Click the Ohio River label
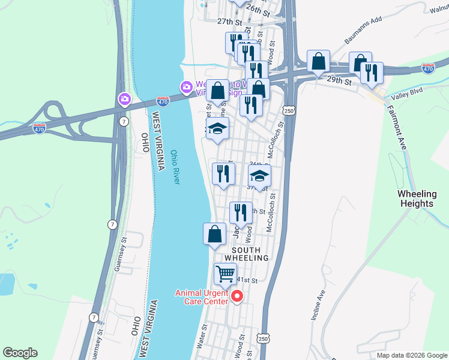[x=174, y=167]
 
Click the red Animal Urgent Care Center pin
[x=237, y=295]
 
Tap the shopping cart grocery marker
[x=225, y=274]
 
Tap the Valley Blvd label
[x=406, y=96]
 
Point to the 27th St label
[x=229, y=21]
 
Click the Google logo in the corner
[x=20, y=353]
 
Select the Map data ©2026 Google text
[x=411, y=355]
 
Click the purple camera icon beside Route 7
[x=125, y=98]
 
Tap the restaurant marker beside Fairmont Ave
[x=372, y=72]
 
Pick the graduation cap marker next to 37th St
[x=259, y=175]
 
